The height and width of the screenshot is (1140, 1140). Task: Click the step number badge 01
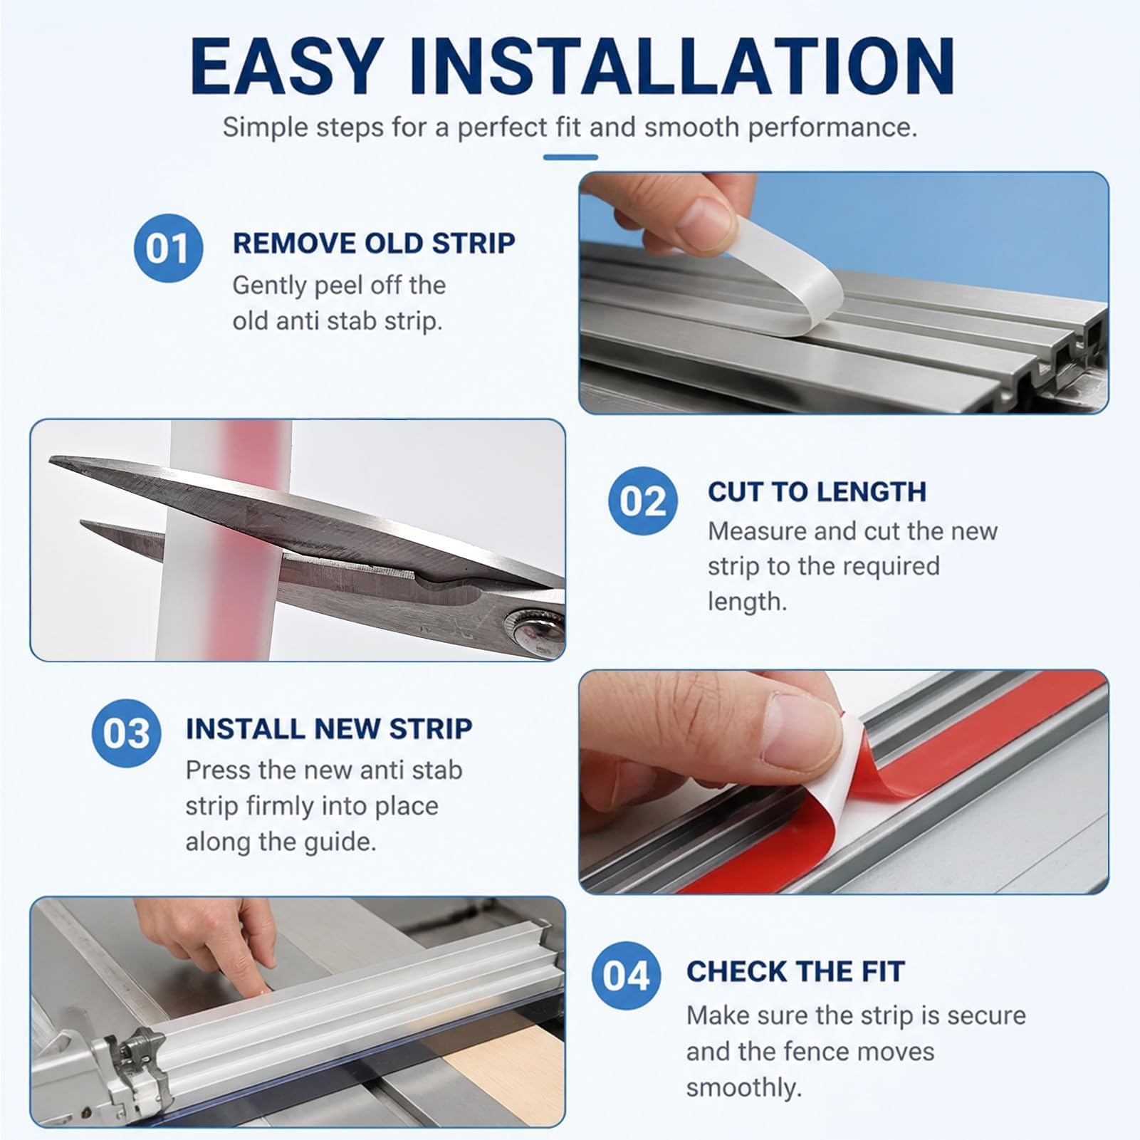(169, 249)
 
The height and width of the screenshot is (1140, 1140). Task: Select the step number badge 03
(127, 733)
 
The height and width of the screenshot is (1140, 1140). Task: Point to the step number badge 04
(627, 975)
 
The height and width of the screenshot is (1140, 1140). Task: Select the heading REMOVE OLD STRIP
(374, 243)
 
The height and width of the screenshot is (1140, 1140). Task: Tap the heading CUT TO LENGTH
(817, 491)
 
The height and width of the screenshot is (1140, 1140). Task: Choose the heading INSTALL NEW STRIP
(329, 728)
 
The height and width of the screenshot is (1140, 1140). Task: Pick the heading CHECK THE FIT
(795, 971)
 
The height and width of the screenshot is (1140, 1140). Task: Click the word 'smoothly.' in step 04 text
(744, 1087)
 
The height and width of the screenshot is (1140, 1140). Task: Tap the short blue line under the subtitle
(570, 157)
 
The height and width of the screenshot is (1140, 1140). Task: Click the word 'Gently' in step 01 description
(268, 286)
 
